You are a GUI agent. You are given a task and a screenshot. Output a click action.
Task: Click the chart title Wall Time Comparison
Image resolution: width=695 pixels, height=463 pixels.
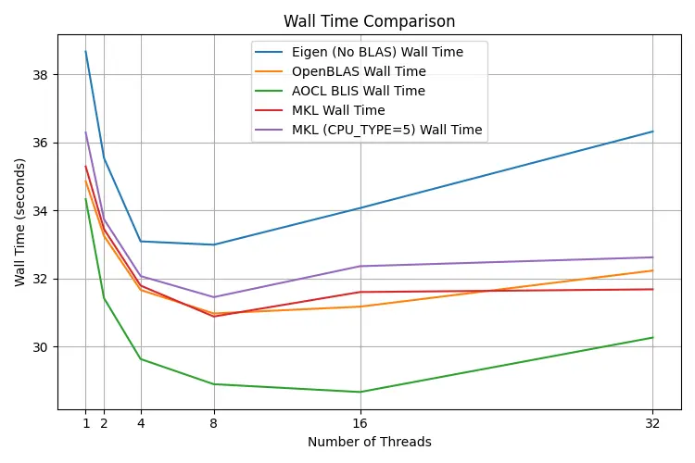click(x=369, y=21)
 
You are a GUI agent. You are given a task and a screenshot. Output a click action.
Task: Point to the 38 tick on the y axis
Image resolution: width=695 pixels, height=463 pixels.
click(x=43, y=75)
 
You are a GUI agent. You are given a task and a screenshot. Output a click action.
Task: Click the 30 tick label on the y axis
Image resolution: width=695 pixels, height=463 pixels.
click(x=43, y=347)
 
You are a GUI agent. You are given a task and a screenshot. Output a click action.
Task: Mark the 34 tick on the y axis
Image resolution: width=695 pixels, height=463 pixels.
click(x=43, y=211)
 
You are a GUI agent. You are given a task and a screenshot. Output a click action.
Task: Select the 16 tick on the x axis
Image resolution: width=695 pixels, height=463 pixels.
click(x=360, y=424)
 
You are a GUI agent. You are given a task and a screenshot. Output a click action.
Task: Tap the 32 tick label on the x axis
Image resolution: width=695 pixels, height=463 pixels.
click(x=652, y=424)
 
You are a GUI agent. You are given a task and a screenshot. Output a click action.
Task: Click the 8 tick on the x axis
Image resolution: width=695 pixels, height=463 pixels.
click(x=213, y=424)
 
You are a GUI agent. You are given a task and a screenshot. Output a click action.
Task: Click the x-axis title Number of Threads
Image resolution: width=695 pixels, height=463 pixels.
click(x=369, y=443)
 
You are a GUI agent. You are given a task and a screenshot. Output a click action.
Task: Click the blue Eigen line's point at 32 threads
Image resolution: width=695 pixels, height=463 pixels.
click(x=652, y=131)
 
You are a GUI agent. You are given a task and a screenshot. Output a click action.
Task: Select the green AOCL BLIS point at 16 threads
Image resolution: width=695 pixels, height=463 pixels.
click(x=360, y=392)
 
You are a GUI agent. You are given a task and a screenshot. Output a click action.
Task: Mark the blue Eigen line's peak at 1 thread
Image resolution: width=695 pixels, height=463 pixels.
click(x=85, y=52)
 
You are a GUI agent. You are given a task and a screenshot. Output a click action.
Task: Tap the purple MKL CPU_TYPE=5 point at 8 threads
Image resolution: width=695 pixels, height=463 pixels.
click(x=213, y=297)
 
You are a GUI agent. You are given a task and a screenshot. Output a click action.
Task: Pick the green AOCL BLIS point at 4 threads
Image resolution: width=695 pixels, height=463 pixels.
click(x=141, y=358)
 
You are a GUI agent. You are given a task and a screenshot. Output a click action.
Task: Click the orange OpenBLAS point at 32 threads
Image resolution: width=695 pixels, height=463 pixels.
click(x=652, y=270)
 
